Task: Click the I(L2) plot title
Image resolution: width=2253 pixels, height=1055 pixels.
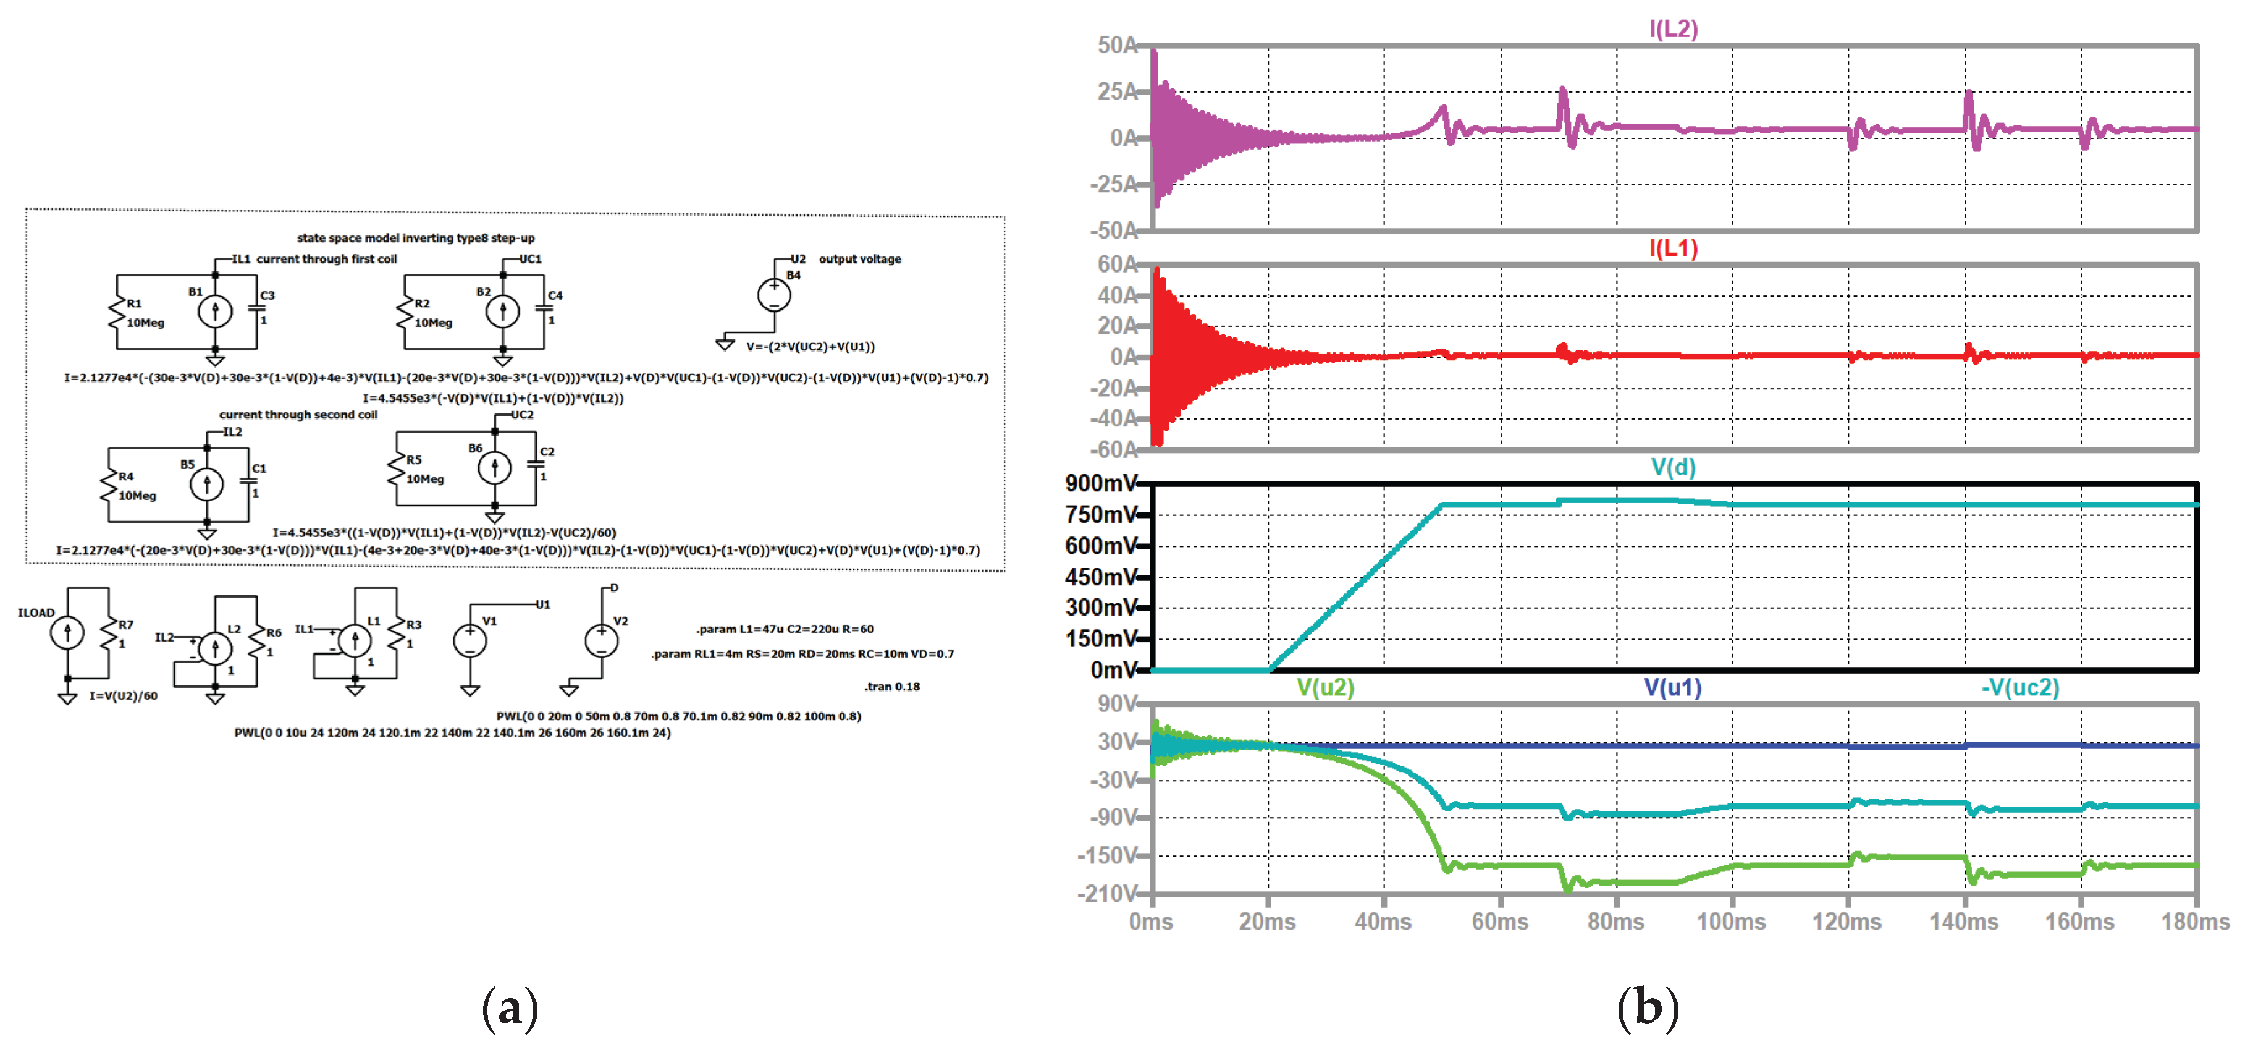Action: tap(1672, 29)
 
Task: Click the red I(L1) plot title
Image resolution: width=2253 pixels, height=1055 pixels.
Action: tap(1672, 248)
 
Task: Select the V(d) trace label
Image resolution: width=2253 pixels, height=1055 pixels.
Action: tap(1672, 467)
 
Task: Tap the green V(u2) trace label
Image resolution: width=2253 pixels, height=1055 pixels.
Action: tap(1325, 688)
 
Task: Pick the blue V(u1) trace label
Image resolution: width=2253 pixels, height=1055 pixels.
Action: tap(1672, 688)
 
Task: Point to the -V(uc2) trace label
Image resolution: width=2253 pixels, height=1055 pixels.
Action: tap(2019, 688)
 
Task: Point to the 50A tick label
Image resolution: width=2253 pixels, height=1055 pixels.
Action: tap(1117, 46)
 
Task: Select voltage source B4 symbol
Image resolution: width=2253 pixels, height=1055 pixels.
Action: tap(774, 294)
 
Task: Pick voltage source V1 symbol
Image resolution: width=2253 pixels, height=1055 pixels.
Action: tap(470, 640)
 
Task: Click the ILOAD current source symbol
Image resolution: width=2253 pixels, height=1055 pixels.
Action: tap(67, 632)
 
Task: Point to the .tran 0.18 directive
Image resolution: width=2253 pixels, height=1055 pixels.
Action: tap(891, 687)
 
